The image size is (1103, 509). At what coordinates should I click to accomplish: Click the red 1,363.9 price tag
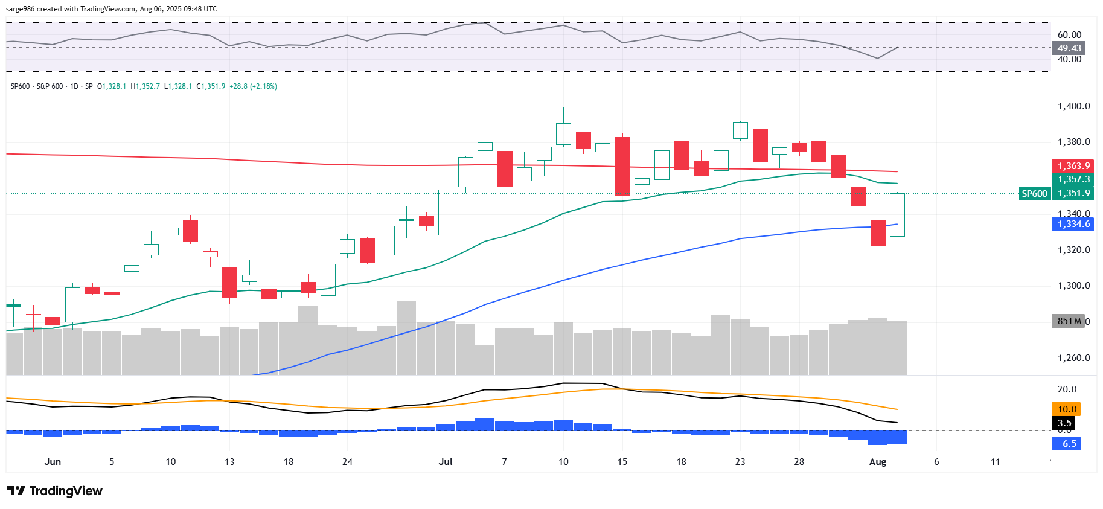point(1073,166)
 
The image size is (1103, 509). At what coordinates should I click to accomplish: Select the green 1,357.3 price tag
point(1073,179)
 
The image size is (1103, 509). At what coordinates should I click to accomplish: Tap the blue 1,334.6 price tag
point(1073,224)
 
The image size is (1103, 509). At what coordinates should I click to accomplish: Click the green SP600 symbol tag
point(1034,194)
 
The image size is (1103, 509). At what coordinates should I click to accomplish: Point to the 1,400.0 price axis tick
point(1073,106)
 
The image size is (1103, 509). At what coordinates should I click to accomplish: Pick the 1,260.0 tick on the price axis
point(1073,358)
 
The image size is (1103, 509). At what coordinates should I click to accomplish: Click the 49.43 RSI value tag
point(1069,48)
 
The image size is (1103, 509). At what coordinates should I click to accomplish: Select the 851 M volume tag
point(1068,321)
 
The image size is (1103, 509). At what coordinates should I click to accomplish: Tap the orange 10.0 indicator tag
point(1067,409)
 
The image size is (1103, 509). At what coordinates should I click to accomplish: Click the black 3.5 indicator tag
point(1064,423)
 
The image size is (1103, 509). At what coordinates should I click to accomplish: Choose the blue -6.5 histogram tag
point(1067,444)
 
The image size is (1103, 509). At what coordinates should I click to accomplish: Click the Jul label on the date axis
point(446,462)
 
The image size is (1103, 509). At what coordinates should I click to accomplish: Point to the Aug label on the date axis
point(877,462)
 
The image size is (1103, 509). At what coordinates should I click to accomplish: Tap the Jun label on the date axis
point(53,462)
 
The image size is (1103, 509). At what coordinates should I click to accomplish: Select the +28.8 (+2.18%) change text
point(253,86)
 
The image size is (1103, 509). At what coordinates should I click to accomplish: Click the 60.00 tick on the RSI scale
point(1069,35)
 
